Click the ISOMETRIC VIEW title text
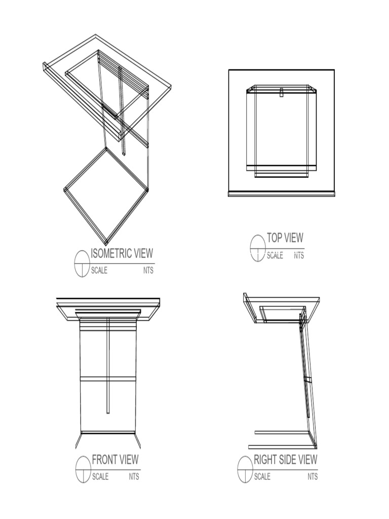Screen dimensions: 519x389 click(x=121, y=253)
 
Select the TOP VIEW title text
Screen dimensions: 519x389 click(x=285, y=238)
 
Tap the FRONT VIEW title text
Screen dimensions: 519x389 click(x=115, y=460)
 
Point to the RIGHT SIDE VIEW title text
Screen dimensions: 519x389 click(x=285, y=460)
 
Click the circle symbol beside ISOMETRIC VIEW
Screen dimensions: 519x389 click(x=82, y=264)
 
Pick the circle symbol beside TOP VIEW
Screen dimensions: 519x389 click(x=258, y=248)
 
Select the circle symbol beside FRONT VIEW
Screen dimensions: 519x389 click(x=83, y=470)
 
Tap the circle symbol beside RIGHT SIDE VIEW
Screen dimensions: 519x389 click(x=245, y=469)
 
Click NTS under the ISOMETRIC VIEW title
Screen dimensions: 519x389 click(x=148, y=271)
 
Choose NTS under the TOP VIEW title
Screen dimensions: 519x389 click(x=299, y=255)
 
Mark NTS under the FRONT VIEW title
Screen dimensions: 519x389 click(x=134, y=476)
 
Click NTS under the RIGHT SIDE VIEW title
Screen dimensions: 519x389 click(x=313, y=476)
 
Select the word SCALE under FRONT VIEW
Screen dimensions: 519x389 click(x=100, y=476)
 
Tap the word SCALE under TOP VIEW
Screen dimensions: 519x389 click(x=275, y=255)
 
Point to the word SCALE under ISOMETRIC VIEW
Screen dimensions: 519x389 click(x=99, y=271)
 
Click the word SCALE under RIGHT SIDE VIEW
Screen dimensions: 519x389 click(x=262, y=476)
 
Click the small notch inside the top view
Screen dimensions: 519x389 click(x=281, y=92)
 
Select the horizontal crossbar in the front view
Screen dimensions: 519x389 click(x=108, y=379)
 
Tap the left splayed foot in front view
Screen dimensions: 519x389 click(x=79, y=440)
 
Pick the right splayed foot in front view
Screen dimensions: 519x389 click(x=137, y=440)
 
